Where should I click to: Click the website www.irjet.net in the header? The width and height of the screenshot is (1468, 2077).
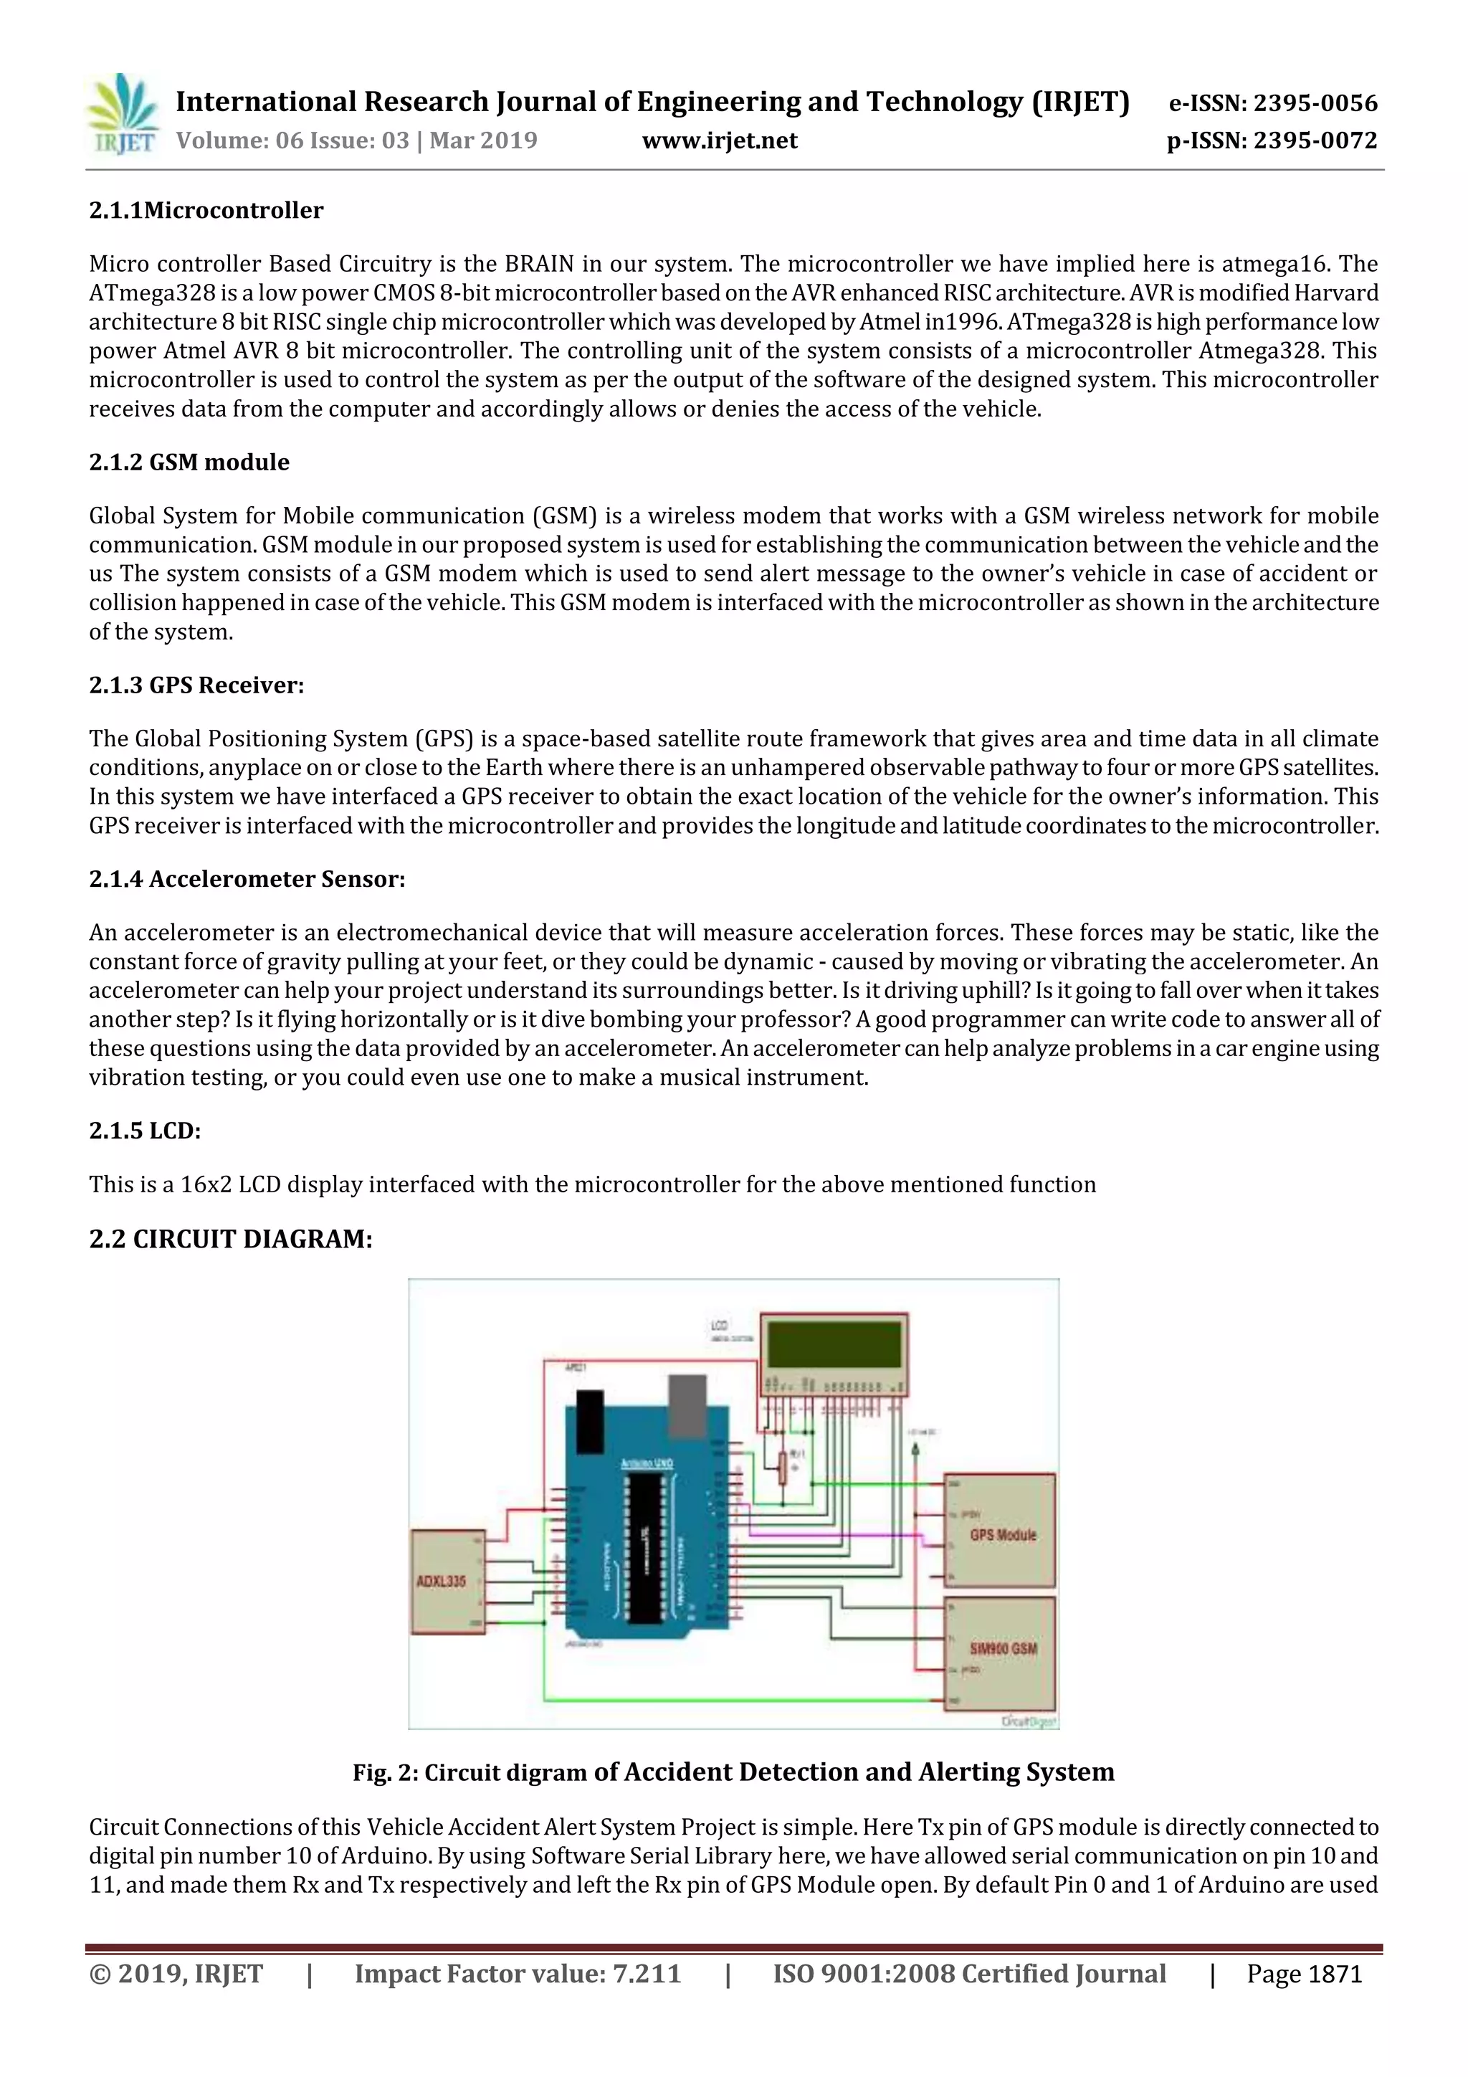[719, 141]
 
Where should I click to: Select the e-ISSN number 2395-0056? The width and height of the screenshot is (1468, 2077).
[1315, 103]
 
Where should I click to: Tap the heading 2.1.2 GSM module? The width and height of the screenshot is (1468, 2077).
[189, 462]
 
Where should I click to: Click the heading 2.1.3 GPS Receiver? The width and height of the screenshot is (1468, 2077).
[196, 685]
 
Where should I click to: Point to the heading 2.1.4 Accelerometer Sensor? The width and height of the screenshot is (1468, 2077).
[247, 878]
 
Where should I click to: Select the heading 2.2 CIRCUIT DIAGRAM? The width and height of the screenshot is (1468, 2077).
[231, 1238]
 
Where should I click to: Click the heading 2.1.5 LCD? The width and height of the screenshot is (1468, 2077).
[145, 1131]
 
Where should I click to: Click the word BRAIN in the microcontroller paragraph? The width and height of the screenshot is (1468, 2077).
[539, 264]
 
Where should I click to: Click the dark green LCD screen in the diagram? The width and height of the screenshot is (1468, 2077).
[834, 1344]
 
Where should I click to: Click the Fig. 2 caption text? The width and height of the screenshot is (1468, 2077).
[733, 1772]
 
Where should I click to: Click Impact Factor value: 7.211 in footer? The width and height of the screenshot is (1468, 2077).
[518, 1974]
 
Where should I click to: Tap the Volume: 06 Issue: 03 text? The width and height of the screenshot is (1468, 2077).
[356, 141]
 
